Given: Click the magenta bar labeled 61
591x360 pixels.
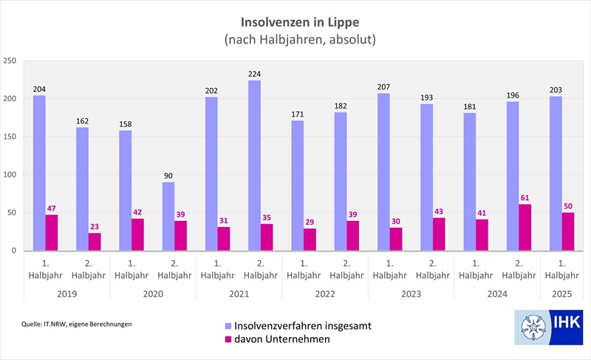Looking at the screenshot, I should point(525,228).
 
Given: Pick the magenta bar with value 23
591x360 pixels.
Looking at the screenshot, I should point(95,242).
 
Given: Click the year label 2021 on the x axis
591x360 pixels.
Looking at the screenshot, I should point(239,293).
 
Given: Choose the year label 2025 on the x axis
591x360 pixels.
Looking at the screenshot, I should point(561,293).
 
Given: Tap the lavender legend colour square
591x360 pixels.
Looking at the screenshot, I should point(228,326).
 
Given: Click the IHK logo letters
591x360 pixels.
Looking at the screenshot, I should point(567,323).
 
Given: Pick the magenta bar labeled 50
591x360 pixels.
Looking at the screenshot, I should point(568,231).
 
